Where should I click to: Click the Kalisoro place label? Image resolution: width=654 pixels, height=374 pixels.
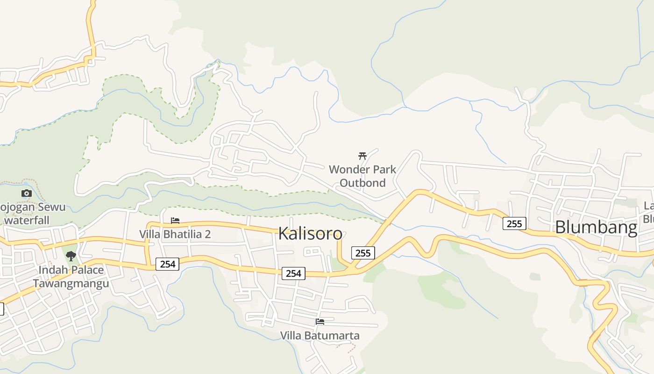310,233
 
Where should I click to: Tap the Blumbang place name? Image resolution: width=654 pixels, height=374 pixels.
596,227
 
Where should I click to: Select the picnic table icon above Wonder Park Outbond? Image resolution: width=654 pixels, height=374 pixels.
363,156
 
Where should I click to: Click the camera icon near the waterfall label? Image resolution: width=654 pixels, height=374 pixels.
27,193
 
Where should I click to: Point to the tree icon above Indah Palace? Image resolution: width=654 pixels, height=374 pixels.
71,256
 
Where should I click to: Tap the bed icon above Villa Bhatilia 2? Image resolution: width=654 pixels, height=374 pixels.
175,220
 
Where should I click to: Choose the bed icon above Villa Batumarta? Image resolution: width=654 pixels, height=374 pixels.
320,322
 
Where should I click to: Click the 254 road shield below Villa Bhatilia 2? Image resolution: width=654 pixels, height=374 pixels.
167,264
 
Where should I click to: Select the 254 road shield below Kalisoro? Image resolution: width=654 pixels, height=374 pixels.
293,273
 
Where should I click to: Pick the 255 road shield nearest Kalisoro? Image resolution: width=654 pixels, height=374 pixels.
363,253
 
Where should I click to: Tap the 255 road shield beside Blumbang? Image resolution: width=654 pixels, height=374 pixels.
514,223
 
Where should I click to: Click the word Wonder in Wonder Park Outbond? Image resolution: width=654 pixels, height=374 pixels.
346,169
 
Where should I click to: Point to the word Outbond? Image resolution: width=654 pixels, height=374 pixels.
363,183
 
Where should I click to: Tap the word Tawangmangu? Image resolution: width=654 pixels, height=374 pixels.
71,283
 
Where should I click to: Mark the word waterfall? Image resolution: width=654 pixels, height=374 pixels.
27,220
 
